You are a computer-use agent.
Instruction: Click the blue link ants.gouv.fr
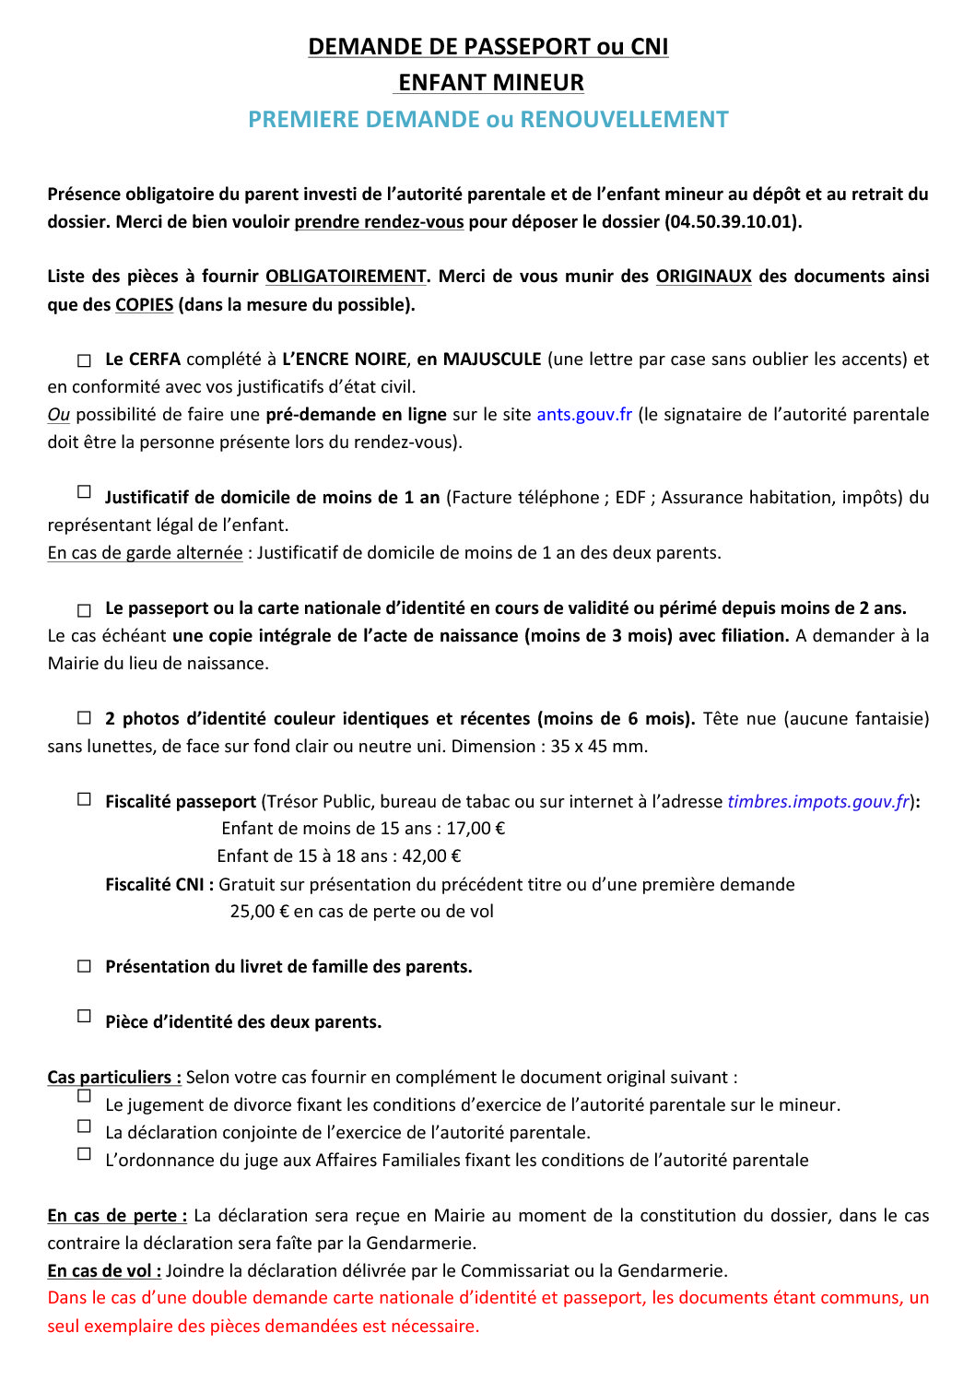[x=584, y=415]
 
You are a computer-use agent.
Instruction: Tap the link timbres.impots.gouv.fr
[x=818, y=802]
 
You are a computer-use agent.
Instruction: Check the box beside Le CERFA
[x=85, y=360]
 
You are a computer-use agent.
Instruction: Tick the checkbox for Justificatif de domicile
[x=85, y=492]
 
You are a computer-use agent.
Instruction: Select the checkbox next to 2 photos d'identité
[x=85, y=717]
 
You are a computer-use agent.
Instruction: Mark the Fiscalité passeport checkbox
[x=85, y=799]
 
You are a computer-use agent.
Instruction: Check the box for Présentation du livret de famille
[x=85, y=966]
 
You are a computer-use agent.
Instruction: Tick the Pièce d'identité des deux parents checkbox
[x=85, y=1016]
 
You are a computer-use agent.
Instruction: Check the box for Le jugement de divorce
[x=85, y=1096]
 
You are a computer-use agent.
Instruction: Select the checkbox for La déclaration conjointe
[x=85, y=1126]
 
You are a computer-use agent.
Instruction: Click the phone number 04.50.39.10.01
[x=732, y=222]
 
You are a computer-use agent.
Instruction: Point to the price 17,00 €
[x=476, y=829]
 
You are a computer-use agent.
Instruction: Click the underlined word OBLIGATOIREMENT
[x=346, y=277]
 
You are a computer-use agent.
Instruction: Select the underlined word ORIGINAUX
[x=703, y=277]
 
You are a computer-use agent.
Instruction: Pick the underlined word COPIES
[x=144, y=305]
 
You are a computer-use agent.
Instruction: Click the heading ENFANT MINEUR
[x=490, y=83]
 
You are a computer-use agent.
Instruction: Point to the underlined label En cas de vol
[x=104, y=1271]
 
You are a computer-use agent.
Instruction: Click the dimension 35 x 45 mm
[x=599, y=747]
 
